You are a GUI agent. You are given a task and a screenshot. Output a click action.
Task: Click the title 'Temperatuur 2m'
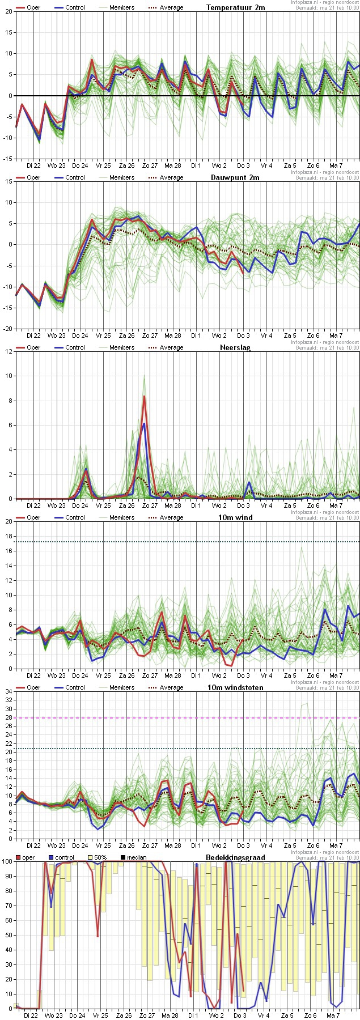click(235, 7)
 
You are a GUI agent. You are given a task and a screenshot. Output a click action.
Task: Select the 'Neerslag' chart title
click(235, 347)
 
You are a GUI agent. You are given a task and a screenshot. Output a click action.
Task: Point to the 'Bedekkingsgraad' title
click(235, 857)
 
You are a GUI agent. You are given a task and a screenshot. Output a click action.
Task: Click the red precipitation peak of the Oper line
click(145, 396)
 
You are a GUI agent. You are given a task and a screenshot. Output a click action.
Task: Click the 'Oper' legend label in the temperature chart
click(33, 7)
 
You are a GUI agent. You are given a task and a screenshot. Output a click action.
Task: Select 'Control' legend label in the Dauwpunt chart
click(75, 177)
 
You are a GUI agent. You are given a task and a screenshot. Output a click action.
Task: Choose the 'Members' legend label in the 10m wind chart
click(122, 517)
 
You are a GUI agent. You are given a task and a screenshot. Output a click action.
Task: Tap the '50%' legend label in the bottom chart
click(100, 857)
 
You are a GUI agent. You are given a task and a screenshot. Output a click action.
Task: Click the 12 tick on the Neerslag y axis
click(9, 351)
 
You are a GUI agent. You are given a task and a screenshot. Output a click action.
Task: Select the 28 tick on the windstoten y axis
click(9, 718)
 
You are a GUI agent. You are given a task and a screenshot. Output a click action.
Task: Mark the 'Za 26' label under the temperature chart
click(126, 165)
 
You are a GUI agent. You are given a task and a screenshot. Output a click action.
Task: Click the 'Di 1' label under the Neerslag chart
click(196, 505)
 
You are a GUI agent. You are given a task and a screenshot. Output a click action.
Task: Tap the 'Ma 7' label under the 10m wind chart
click(336, 675)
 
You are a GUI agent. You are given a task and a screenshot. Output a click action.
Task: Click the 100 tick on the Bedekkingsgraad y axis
click(7, 862)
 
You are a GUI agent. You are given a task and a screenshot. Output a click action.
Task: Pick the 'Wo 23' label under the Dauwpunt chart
click(56, 335)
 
